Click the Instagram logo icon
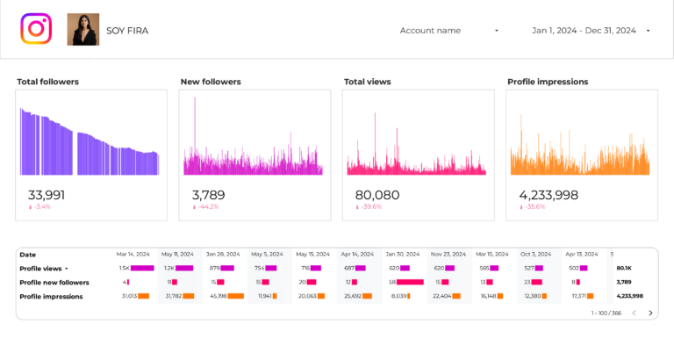36,29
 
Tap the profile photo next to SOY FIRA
83,30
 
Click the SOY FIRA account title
127,31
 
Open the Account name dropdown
448,31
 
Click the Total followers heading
47,82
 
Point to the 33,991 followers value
47,195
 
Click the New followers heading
211,82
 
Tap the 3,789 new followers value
208,195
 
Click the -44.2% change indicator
209,207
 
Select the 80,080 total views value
377,195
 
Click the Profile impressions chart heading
548,82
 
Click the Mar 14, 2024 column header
135,255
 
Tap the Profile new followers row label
54,283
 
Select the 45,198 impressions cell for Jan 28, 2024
219,297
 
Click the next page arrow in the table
650,313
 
